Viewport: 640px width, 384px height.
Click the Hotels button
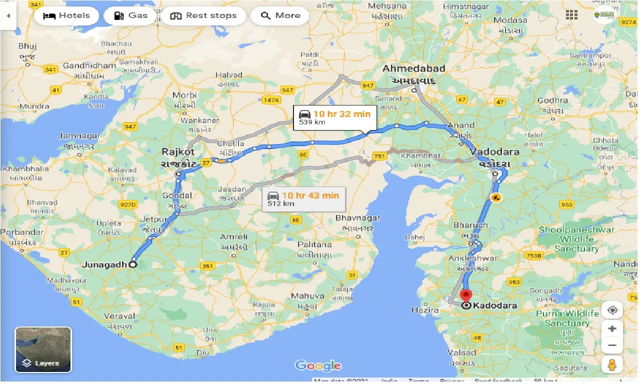click(66, 15)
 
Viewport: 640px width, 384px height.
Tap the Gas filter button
click(130, 15)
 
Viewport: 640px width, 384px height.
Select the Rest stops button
click(203, 15)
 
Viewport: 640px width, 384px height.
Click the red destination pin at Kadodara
click(466, 296)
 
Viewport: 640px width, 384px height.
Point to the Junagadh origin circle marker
click(132, 265)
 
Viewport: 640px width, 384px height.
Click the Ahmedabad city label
click(414, 69)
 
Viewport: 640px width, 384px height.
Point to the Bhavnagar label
click(357, 218)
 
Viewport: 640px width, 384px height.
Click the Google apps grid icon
click(571, 15)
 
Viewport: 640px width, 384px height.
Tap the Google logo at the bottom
click(318, 365)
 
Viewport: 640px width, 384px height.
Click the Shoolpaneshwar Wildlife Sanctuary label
click(576, 239)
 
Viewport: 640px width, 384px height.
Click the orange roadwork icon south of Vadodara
click(496, 197)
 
